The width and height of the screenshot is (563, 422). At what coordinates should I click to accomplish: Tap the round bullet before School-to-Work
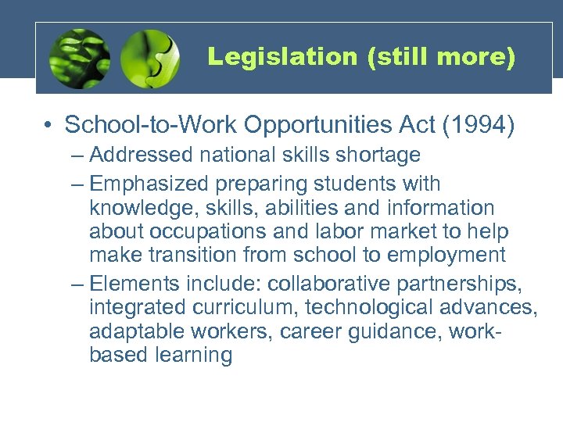[48, 126]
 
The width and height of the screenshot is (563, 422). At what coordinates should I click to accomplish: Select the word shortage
[382, 156]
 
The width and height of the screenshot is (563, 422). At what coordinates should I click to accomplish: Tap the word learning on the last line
[194, 355]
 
